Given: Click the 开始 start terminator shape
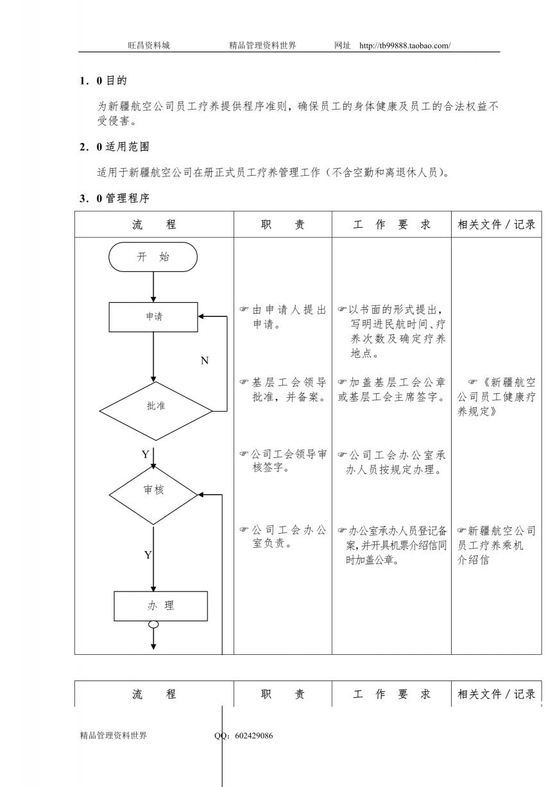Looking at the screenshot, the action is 153,257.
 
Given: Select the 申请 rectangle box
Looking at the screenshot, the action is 153,317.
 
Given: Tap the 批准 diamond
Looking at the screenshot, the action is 156,410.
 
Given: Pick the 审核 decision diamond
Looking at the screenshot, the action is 153,495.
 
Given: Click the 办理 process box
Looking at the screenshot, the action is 160,606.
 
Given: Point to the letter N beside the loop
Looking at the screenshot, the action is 205,360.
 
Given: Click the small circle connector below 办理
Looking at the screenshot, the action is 153,624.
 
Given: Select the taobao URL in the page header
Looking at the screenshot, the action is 405,46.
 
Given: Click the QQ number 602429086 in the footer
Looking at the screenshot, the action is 253,735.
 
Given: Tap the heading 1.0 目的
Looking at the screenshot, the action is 103,81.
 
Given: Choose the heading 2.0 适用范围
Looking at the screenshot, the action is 114,146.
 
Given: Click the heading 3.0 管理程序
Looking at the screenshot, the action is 114,198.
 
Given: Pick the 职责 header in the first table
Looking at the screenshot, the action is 282,224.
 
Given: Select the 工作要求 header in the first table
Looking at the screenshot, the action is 391,224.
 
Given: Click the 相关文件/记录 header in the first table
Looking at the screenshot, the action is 496,224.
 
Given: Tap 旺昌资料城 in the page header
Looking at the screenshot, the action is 149,46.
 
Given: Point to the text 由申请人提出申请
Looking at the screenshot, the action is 283,317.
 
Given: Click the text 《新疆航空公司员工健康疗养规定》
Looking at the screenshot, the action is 496,396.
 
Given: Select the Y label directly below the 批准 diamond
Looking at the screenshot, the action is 146,454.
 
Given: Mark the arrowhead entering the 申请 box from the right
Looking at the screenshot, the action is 201,317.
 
